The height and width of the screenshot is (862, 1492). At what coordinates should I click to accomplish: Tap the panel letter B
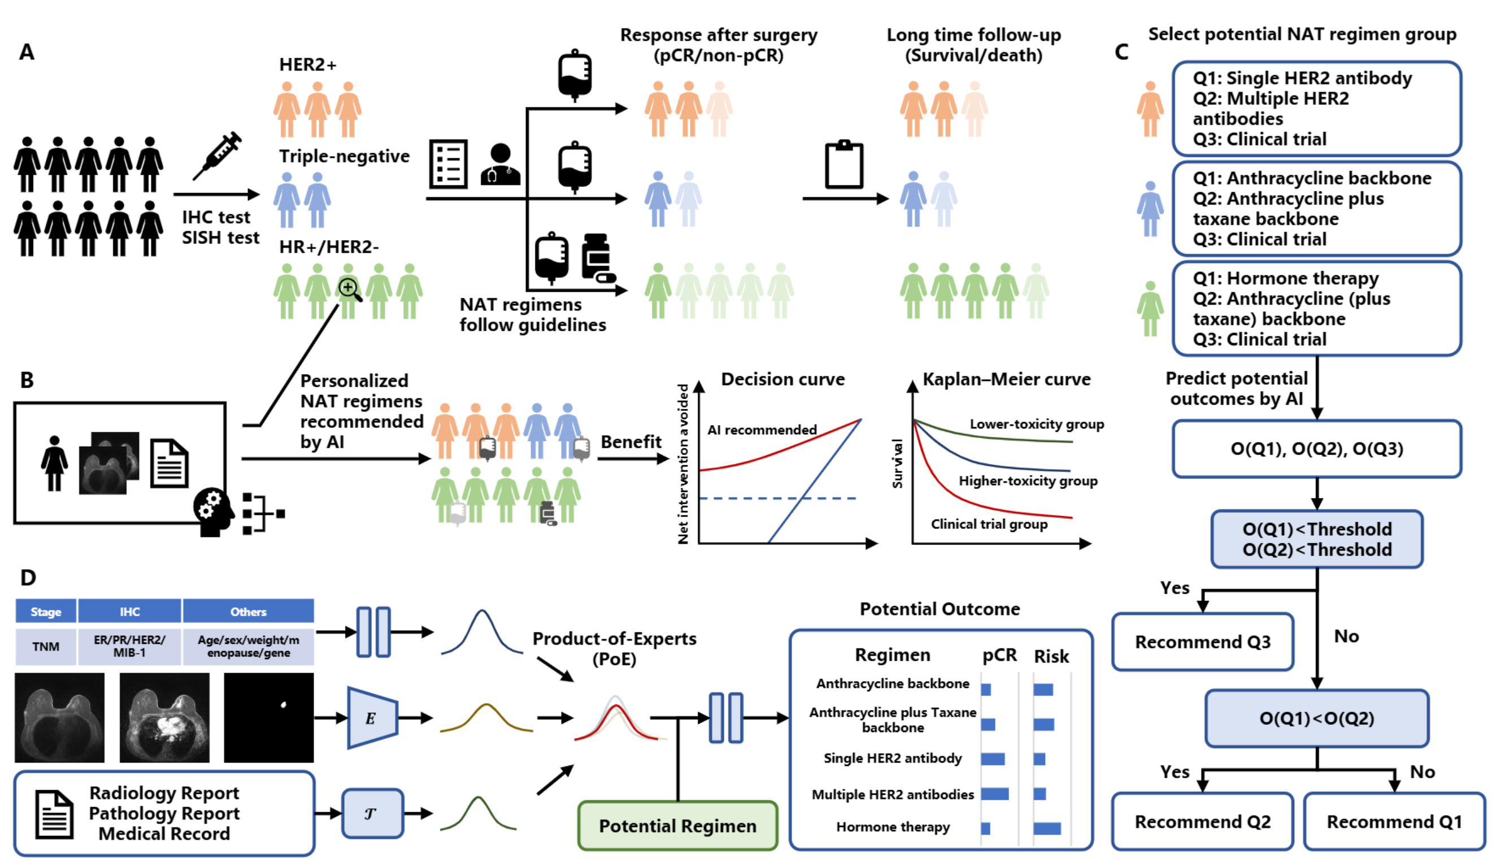[x=27, y=380]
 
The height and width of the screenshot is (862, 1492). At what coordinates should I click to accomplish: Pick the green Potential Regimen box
[x=677, y=825]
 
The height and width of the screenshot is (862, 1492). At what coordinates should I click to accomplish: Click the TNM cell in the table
[x=46, y=646]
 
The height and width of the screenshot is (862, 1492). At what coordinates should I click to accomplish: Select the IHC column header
[x=129, y=612]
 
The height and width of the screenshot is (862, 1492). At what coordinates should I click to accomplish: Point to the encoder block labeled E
[x=372, y=718]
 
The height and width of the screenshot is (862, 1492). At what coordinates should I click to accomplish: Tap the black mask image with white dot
[x=268, y=717]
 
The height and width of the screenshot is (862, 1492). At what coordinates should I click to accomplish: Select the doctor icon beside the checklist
[x=500, y=164]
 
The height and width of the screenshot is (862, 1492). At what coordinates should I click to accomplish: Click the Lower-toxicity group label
[x=1036, y=424]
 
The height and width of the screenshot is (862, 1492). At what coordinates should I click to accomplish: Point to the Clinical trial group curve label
[x=989, y=524]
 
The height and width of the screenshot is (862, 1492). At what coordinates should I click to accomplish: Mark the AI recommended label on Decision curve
[x=762, y=430]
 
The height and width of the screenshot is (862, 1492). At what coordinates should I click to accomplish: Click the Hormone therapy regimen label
[x=892, y=826]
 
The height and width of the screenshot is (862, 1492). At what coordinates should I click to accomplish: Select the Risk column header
[x=1051, y=656]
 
